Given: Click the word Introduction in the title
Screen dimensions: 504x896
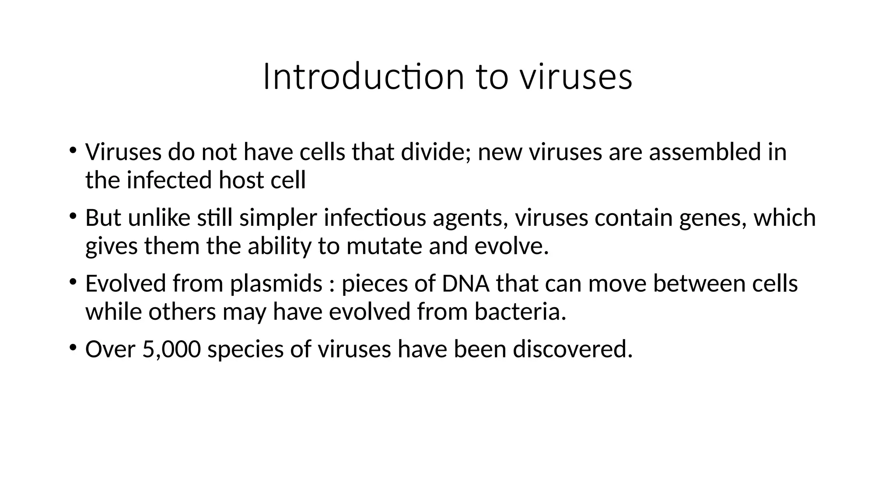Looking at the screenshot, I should click(363, 77).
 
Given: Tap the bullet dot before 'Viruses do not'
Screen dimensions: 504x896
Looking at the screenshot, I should click(72, 150).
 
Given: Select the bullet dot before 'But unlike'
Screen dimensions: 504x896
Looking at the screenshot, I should click(72, 216).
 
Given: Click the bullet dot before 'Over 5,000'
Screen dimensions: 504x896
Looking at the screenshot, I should click(72, 347).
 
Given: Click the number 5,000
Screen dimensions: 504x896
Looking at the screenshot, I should click(171, 349).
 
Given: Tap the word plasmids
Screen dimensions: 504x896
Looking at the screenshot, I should click(276, 283).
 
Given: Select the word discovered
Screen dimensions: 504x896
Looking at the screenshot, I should click(573, 349).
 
